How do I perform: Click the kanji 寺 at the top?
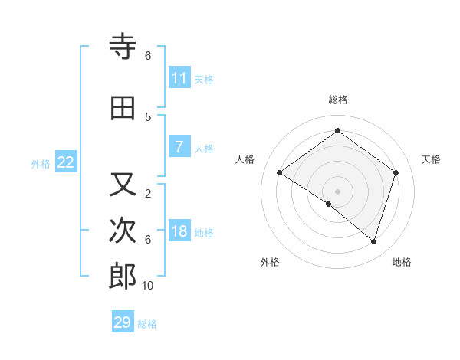pos(123,47)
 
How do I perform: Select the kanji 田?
pos(123,108)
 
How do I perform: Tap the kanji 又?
pos(123,185)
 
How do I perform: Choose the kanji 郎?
pos(123,277)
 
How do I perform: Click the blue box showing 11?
pos(179,78)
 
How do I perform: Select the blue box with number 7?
pos(179,147)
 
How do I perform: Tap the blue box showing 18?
pos(179,231)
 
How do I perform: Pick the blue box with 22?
pos(66,162)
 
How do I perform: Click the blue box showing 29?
pos(123,322)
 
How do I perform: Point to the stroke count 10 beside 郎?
pos(148,286)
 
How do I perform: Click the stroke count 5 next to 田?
pos(148,116)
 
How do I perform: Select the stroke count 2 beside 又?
pos(148,193)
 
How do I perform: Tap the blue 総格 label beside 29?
pos(147,324)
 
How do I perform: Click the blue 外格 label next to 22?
pos(41,163)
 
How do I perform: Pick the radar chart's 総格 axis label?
pos(337,100)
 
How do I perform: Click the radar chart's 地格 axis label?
pos(402,262)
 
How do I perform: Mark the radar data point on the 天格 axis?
pos(396,172)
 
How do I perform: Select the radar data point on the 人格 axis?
pos(279,172)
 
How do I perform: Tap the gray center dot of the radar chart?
pos(337,191)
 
